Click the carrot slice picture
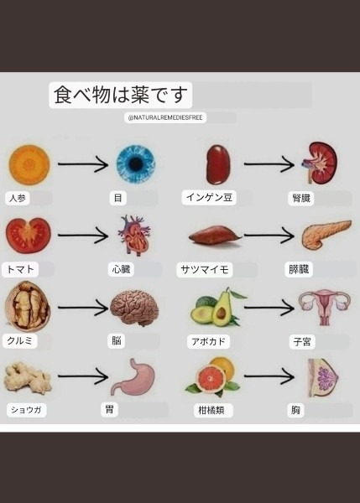29,164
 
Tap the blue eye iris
135,164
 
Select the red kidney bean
218,164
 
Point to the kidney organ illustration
321,163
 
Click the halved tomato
29,236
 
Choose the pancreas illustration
326,234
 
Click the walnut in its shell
28,306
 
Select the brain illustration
134,308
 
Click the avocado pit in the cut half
221,313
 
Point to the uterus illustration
325,306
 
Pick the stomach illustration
133,377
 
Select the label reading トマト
20,269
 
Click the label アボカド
208,342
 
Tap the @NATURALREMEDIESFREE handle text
165,117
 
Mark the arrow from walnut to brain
83,308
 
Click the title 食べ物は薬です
121,95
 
